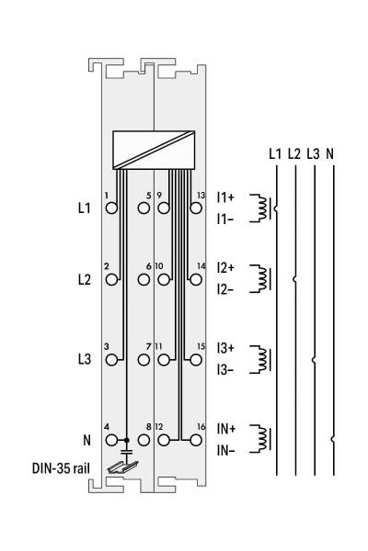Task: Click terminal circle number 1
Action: point(111,208)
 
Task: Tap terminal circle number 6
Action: point(144,280)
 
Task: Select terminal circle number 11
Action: point(164,360)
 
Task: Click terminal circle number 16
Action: point(196,440)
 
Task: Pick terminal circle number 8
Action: point(144,440)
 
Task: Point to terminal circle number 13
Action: point(196,208)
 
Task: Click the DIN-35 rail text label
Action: point(61,468)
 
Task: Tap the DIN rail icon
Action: point(123,467)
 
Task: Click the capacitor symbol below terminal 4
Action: point(127,452)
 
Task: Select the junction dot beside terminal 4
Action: point(127,440)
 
